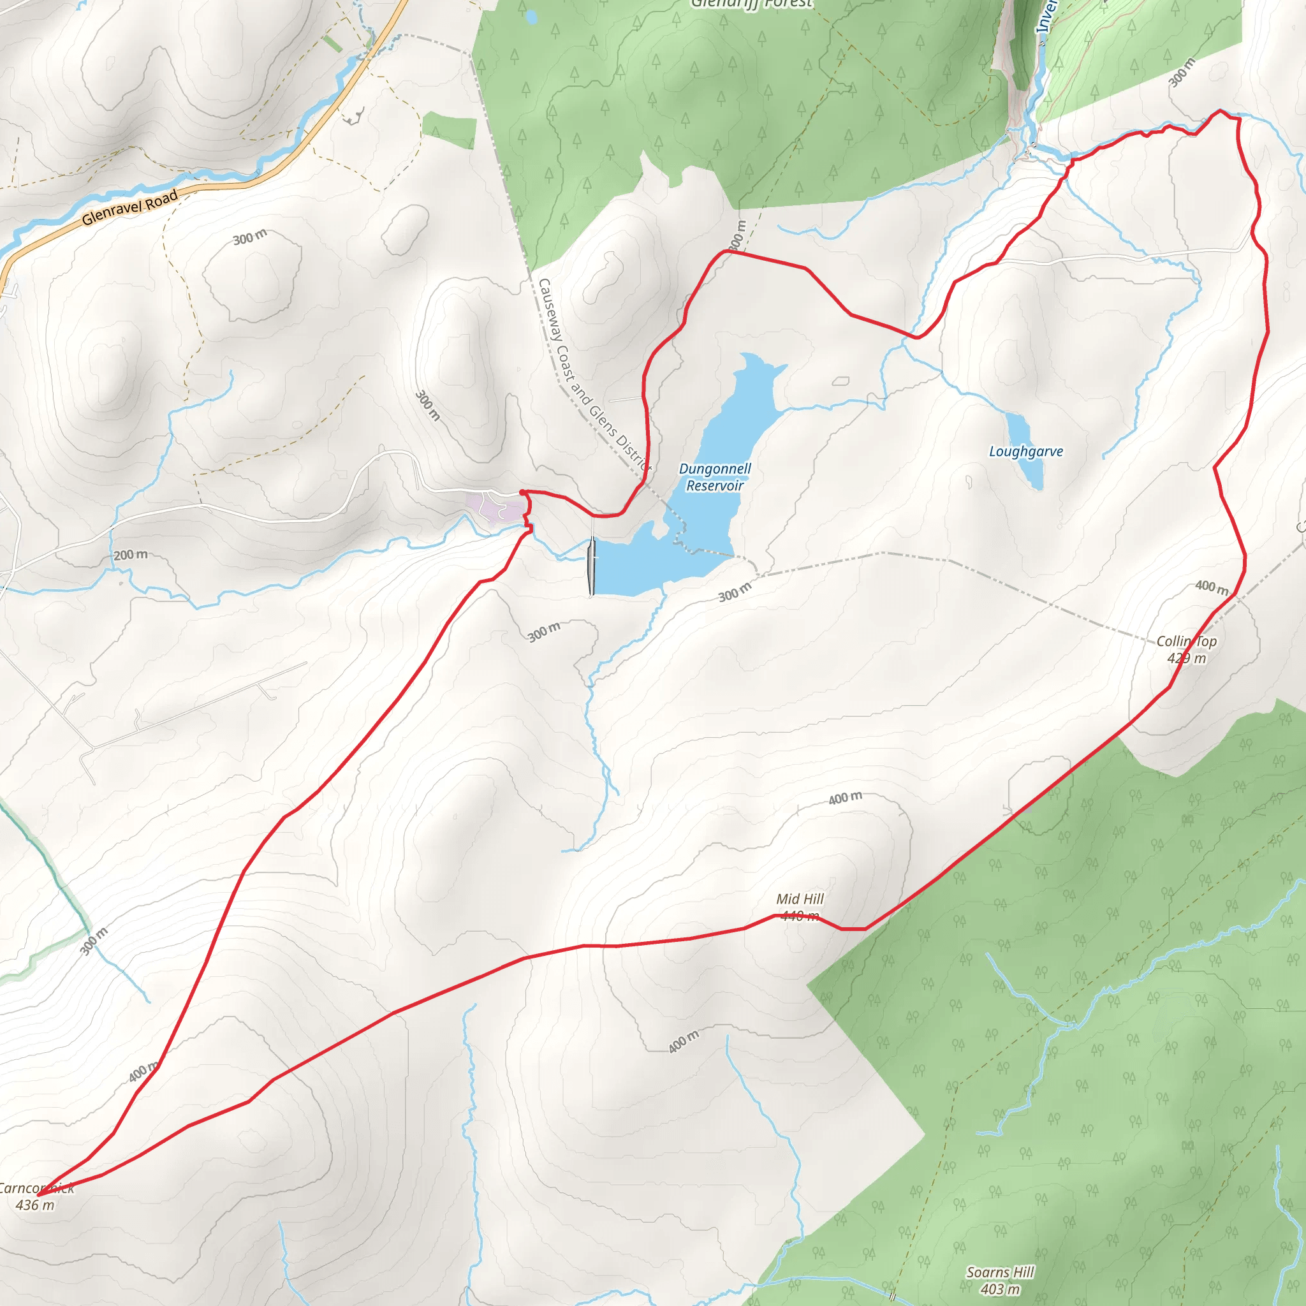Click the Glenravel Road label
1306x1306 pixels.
(x=130, y=208)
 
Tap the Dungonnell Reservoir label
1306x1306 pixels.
(x=714, y=477)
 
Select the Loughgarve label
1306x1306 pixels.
(x=1025, y=451)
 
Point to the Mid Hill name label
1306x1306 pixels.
(x=800, y=899)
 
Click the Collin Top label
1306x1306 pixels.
(x=1186, y=641)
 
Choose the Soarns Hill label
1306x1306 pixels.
(x=1000, y=1272)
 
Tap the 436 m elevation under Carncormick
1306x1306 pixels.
(x=35, y=1205)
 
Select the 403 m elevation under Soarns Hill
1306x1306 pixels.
(x=1000, y=1289)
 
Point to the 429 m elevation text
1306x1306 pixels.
(x=1186, y=657)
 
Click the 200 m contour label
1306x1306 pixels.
(x=131, y=555)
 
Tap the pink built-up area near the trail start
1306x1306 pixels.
(x=495, y=507)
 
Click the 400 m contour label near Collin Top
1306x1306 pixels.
(x=1212, y=587)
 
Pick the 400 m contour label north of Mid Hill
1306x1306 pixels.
(x=845, y=798)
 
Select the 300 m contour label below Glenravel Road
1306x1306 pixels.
(x=250, y=237)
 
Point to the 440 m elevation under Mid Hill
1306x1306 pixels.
(x=800, y=916)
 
